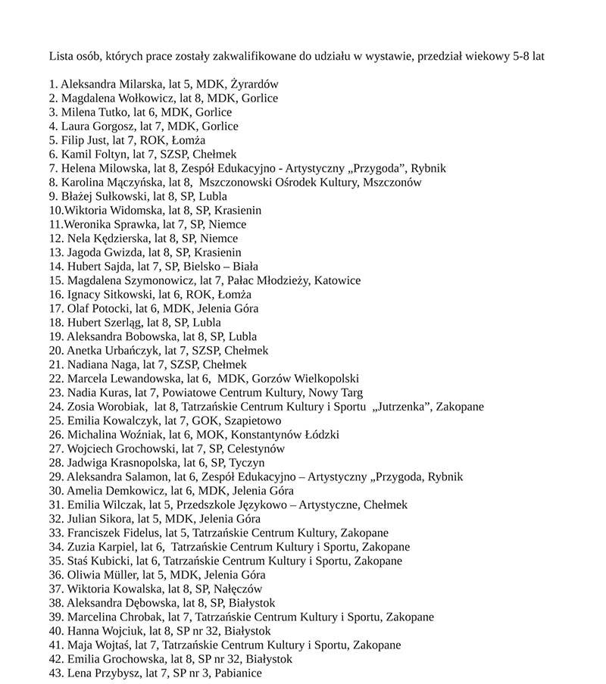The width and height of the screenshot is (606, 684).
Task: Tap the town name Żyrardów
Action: click(254, 84)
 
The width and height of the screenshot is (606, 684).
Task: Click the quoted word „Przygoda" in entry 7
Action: click(376, 168)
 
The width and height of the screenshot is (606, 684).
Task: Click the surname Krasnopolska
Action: click(144, 463)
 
